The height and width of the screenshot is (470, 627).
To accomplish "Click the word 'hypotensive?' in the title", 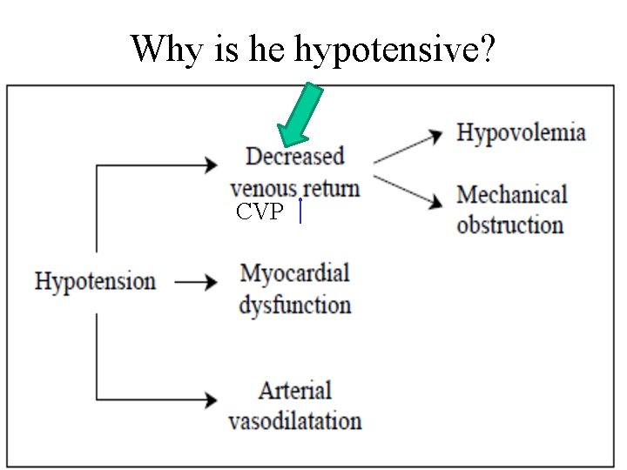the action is (x=395, y=50).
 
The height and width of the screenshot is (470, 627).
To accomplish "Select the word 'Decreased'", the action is (x=295, y=157).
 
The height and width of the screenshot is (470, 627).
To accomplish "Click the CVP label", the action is (x=260, y=211).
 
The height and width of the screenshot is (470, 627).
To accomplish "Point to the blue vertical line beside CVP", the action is (x=300, y=211).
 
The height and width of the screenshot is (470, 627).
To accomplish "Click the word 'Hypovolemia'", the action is (x=521, y=133).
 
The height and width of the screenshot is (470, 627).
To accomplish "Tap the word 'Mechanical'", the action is (x=511, y=194).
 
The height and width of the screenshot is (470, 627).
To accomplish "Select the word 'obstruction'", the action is (x=509, y=225).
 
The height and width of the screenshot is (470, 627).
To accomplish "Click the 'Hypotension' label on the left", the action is (x=95, y=281).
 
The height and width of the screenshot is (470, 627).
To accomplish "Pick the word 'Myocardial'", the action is (x=294, y=273).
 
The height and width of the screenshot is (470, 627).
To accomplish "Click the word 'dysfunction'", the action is (x=294, y=305).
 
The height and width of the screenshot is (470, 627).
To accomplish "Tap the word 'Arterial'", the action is (x=295, y=391).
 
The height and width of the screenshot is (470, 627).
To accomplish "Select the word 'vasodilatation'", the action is (x=294, y=421).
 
